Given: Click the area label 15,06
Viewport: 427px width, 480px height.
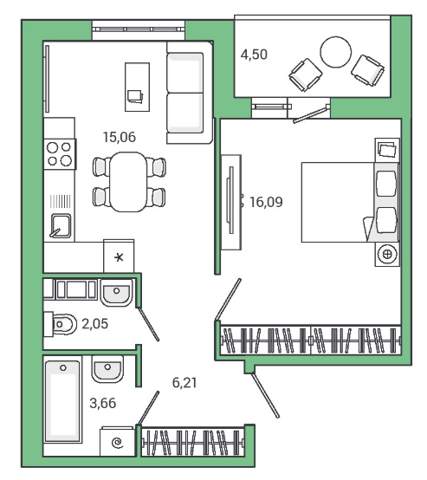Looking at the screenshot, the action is (x=119, y=137).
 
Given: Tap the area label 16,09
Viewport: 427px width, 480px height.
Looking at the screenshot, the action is (x=266, y=202).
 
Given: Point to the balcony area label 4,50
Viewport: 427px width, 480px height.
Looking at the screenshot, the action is (x=254, y=55).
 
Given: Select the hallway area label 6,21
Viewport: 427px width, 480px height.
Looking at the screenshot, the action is (x=184, y=383).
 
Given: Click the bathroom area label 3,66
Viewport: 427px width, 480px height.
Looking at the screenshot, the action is (x=103, y=403).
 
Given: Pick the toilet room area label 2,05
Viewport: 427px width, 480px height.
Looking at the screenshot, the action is (x=95, y=323).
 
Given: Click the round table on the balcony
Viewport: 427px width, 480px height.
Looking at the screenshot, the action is (x=336, y=52).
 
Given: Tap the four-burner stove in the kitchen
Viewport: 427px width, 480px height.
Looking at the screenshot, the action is (x=60, y=154).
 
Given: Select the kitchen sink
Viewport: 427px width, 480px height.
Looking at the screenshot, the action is (x=61, y=225).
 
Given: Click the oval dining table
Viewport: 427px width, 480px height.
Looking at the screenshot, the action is (x=128, y=182).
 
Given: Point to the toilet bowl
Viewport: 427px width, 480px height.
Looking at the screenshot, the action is (x=61, y=323).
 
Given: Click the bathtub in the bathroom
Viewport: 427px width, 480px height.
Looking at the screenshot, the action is (x=63, y=401).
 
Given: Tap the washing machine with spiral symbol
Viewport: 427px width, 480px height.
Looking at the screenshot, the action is (x=118, y=442).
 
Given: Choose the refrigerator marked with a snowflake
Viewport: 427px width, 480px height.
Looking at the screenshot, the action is (x=119, y=256).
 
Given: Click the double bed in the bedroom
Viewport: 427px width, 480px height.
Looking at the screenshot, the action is (x=350, y=203).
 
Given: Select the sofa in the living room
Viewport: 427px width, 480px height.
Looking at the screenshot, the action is (x=190, y=93).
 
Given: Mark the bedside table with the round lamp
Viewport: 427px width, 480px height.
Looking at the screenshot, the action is (x=387, y=254).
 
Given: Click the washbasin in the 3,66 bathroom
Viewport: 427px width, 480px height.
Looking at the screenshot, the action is (x=107, y=369).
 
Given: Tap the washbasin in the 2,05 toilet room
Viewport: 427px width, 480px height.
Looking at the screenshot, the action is (x=117, y=293).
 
